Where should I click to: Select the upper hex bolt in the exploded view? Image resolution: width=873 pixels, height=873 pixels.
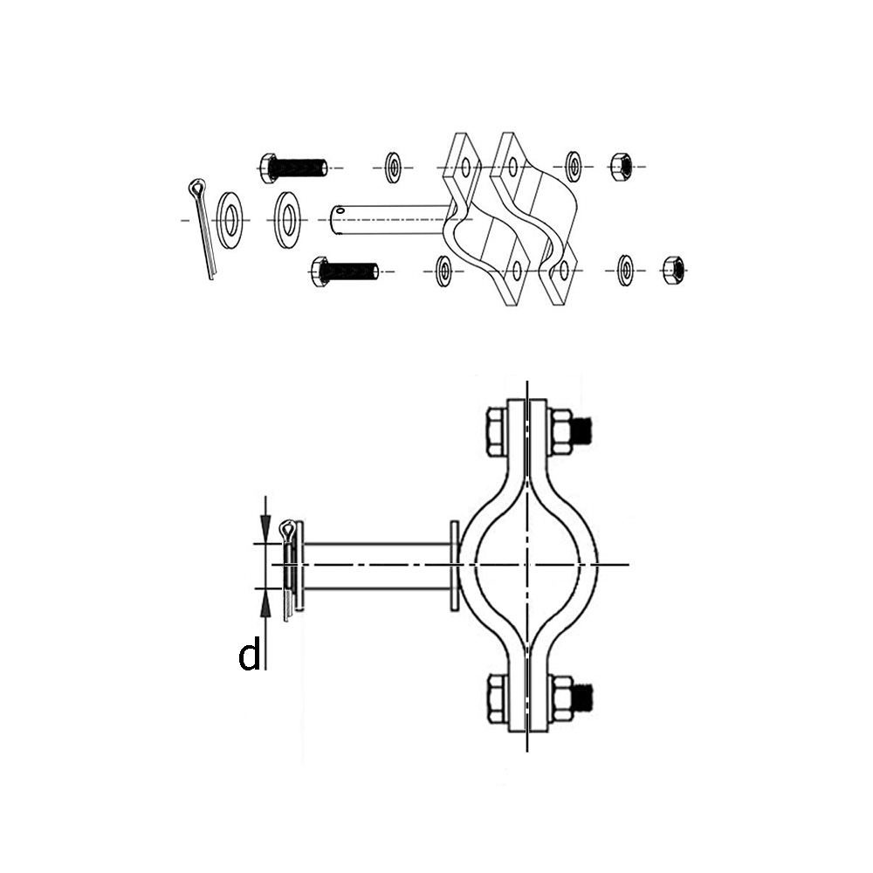[292, 167]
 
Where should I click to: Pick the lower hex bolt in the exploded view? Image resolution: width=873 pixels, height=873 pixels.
[344, 272]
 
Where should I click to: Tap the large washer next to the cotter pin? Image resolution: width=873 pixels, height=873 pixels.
[230, 220]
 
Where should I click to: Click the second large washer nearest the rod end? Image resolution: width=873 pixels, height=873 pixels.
[287, 220]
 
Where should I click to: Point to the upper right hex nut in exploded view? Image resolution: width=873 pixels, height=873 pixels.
[622, 166]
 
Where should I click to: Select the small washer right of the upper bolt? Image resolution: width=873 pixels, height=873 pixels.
[395, 167]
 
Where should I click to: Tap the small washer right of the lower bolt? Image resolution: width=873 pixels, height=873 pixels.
[443, 271]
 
